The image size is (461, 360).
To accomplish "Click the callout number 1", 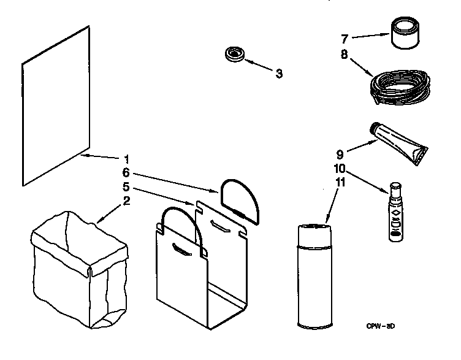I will (x=126, y=157).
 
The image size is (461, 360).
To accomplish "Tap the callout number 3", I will (x=278, y=74).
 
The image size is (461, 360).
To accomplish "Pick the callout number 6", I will (x=126, y=173).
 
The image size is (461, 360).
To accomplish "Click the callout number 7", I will (x=345, y=39).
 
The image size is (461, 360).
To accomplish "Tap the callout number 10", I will (x=339, y=167).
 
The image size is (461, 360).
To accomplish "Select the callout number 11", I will (x=339, y=182).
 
